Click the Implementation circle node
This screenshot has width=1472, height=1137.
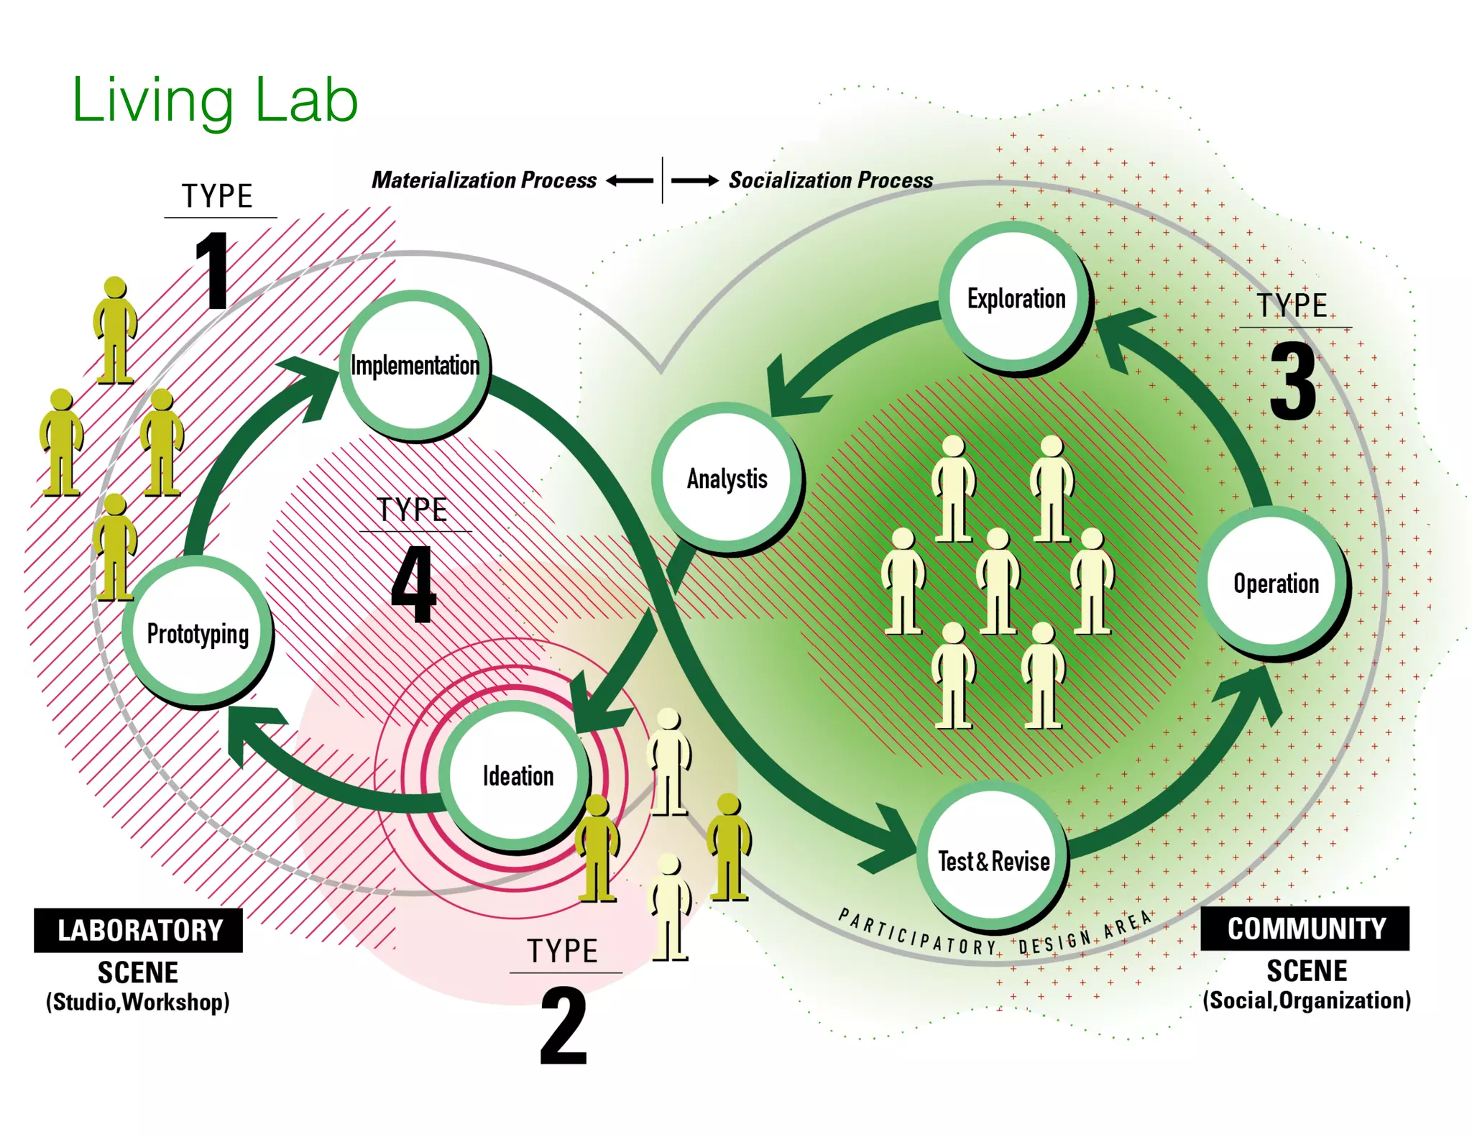tap(414, 364)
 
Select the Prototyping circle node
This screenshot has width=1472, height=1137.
tap(198, 633)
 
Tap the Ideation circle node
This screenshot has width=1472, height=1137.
tap(517, 775)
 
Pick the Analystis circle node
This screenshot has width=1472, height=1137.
tap(727, 478)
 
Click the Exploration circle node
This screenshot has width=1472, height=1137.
tap(1016, 298)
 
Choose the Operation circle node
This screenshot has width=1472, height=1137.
tap(1276, 583)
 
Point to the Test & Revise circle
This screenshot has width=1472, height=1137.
tap(993, 860)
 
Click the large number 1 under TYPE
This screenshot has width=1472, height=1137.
tap(214, 272)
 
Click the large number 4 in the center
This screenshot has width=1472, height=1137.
tap(414, 584)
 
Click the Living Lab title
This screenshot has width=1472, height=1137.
tap(215, 101)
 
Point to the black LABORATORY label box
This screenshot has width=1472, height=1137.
tap(139, 930)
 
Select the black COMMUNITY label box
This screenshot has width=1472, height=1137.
tap(1305, 929)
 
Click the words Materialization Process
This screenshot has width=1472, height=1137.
tap(484, 180)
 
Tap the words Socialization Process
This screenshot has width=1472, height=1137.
tap(830, 180)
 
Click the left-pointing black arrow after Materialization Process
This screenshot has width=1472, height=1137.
tap(630, 180)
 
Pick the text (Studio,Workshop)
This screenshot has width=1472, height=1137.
tap(138, 1002)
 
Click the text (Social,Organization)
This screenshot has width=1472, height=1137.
tap(1307, 1000)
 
